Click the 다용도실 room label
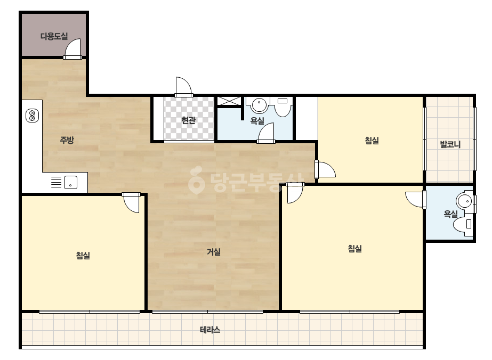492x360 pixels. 54,36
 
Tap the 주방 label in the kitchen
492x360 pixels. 67,140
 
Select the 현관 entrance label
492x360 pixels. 189,120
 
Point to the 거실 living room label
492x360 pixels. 214,252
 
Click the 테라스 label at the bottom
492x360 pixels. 210,330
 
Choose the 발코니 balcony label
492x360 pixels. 450,144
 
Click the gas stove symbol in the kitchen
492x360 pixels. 32,116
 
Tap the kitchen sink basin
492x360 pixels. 70,182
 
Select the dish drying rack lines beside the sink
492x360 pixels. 56,182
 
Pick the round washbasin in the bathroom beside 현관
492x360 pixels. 259,105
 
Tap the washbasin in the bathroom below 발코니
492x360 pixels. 464,201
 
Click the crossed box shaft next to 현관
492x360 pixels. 229,101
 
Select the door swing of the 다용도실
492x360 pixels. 73,49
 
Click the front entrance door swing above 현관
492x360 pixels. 183,87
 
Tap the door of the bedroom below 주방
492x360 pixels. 131,202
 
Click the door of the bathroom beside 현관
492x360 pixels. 266,133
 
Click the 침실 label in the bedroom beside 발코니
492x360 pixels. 372,140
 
